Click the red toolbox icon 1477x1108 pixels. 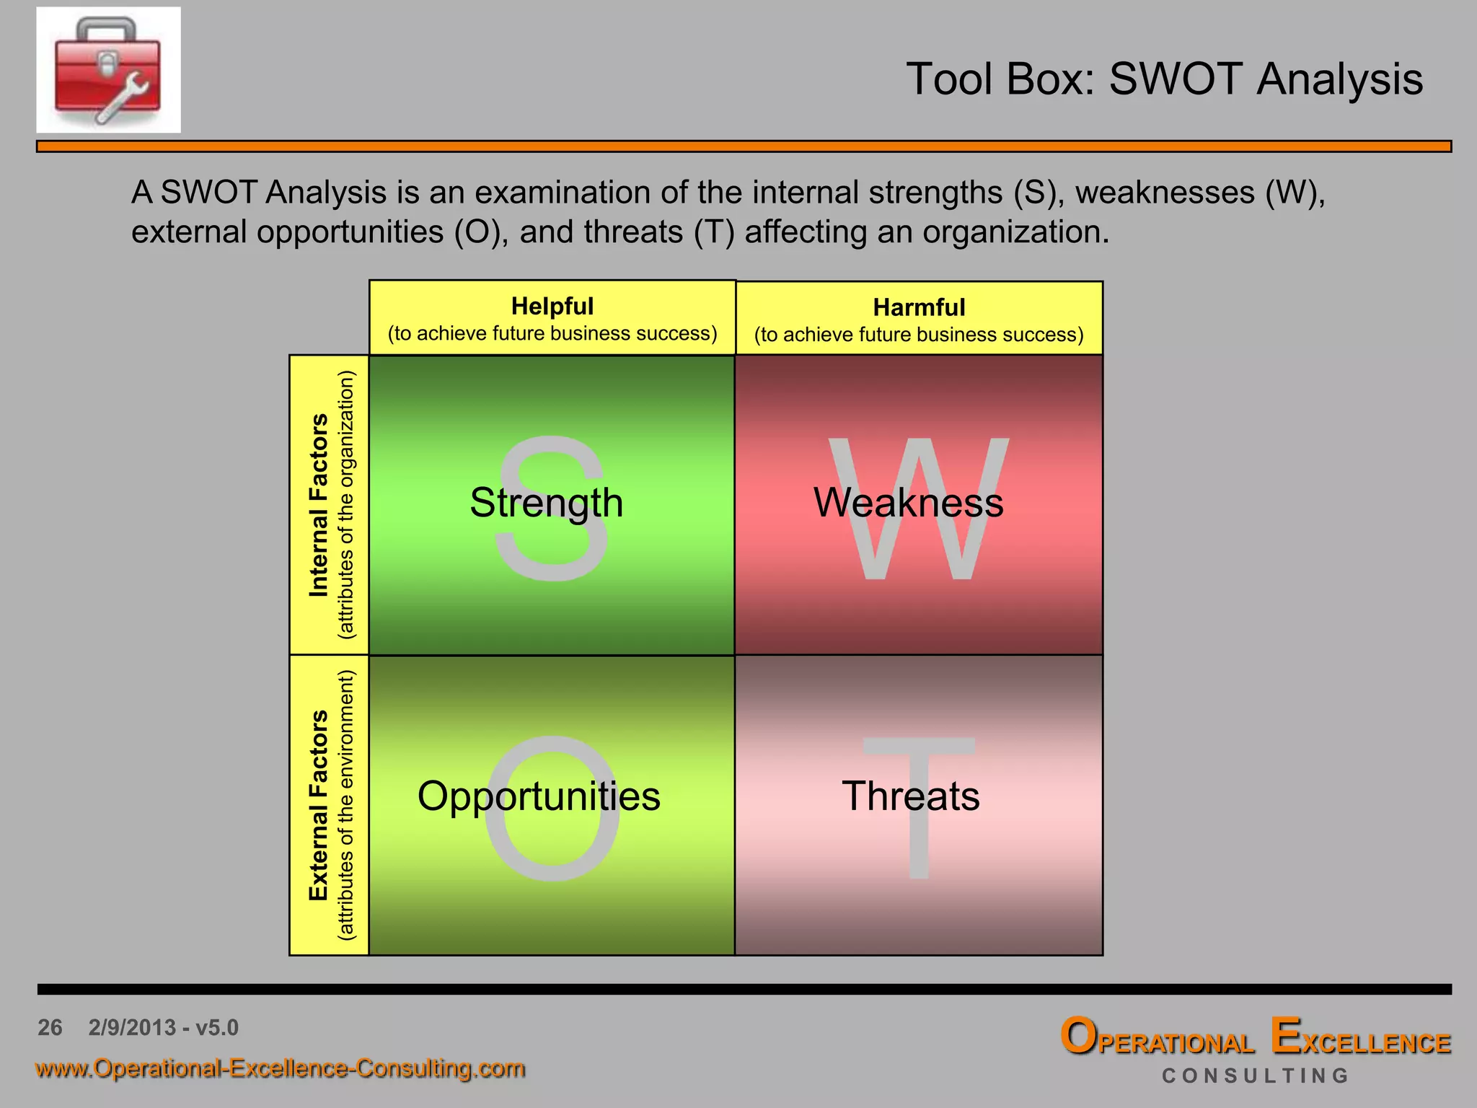[x=108, y=70]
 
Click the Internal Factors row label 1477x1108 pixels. [x=319, y=505]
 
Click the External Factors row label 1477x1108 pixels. [x=319, y=805]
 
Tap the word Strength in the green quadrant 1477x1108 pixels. [x=546, y=502]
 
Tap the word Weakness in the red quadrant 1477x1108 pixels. [x=908, y=502]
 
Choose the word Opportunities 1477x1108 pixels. [x=539, y=796]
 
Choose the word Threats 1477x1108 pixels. [x=911, y=796]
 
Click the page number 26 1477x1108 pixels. [x=50, y=1027]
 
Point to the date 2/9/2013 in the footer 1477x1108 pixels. [x=132, y=1027]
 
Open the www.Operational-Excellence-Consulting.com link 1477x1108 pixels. [x=280, y=1068]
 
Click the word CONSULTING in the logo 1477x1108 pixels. [x=1255, y=1076]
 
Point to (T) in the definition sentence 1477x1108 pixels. [x=714, y=232]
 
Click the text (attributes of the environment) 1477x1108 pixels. [x=347, y=805]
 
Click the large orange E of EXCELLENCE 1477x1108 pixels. [x=1285, y=1036]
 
